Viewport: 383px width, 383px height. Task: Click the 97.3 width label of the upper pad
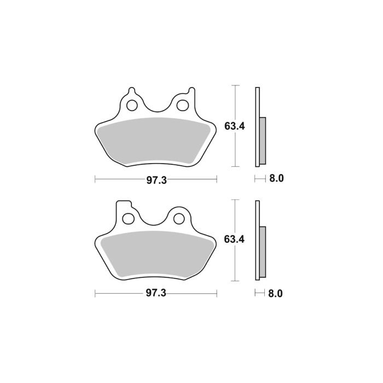pyautogui.click(x=156, y=181)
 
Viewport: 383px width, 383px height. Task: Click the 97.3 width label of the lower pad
pyautogui.click(x=156, y=293)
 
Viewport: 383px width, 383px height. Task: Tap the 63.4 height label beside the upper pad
pyautogui.click(x=234, y=126)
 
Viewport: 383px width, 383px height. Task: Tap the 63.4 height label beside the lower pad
pyautogui.click(x=234, y=239)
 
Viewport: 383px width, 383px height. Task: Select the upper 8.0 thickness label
pyautogui.click(x=275, y=178)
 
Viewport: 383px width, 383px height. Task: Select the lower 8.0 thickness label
pyautogui.click(x=275, y=293)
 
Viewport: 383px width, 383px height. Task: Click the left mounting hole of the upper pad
pyautogui.click(x=132, y=106)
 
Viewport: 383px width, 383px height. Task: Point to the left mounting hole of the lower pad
pyautogui.click(x=129, y=219)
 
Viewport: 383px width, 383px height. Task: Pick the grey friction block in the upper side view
pyautogui.click(x=262, y=140)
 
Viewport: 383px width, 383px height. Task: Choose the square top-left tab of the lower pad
pyautogui.click(x=125, y=205)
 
